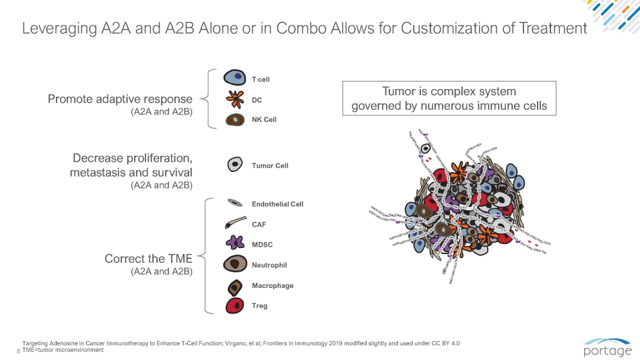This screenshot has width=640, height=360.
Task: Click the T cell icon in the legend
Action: click(234, 79)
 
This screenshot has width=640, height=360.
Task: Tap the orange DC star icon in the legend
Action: click(234, 100)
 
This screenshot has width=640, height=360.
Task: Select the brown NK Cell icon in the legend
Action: click(234, 120)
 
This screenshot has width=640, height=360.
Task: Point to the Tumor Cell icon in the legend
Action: click(234, 164)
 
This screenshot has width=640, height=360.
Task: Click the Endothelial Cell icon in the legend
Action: click(234, 203)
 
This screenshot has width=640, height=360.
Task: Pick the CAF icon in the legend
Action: click(234, 223)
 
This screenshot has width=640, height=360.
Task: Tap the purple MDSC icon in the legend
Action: click(234, 243)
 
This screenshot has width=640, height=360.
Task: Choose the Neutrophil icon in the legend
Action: click(234, 264)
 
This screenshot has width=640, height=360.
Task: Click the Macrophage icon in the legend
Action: click(234, 286)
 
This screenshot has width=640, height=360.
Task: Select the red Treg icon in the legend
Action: click(234, 305)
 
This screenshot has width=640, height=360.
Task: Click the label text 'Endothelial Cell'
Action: click(278, 204)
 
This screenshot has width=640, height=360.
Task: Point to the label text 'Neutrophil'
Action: click(269, 266)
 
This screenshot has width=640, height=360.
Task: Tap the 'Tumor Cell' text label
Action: click(270, 166)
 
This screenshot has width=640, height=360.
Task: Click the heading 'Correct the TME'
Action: click(148, 259)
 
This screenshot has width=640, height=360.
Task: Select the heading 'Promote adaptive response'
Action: click(120, 100)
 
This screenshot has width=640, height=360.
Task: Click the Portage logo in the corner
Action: click(608, 347)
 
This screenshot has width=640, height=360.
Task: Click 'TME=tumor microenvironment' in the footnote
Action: click(63, 351)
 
